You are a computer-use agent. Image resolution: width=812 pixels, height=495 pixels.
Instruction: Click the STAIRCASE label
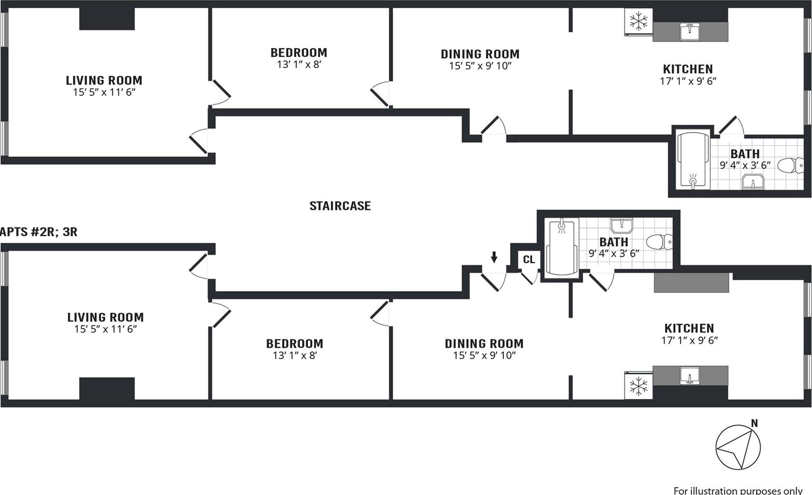(x=340, y=206)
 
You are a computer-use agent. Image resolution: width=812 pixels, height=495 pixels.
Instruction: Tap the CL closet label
(x=529, y=259)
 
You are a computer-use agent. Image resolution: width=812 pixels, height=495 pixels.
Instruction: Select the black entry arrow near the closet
(x=494, y=257)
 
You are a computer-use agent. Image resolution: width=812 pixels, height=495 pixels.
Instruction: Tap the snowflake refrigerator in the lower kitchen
(x=638, y=386)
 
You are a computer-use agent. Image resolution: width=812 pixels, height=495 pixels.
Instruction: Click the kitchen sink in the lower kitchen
(x=690, y=376)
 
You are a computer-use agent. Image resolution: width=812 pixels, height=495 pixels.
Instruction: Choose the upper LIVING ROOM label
(x=104, y=80)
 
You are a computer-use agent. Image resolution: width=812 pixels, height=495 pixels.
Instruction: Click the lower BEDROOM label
(x=294, y=344)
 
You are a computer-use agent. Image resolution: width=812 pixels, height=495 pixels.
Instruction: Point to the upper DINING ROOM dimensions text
(x=480, y=66)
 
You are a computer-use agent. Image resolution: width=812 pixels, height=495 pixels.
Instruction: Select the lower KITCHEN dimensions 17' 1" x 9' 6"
(x=690, y=340)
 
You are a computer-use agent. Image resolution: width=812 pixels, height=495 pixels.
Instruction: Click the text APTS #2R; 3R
(x=39, y=232)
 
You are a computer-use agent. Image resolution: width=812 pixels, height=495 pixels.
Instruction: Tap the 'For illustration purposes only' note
(x=738, y=490)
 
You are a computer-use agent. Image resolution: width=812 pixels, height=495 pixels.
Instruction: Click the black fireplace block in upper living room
(x=107, y=19)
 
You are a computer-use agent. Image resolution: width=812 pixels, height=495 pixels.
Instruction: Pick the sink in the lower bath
(x=621, y=225)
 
